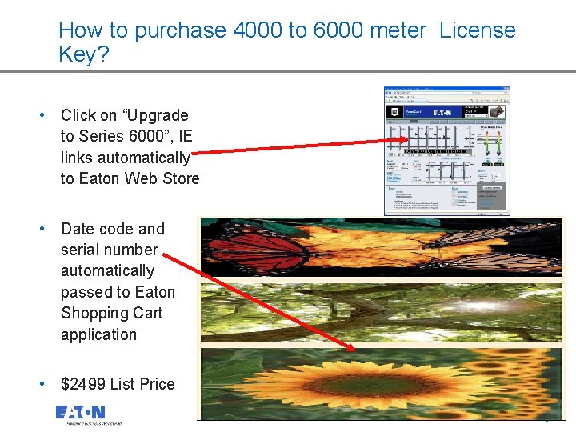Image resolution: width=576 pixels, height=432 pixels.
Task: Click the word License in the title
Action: tap(478, 31)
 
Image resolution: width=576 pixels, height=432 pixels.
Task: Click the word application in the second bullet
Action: tap(98, 334)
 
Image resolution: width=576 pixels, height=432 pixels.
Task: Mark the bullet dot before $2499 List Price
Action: tap(43, 384)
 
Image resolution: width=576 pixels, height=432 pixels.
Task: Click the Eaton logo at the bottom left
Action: tap(80, 413)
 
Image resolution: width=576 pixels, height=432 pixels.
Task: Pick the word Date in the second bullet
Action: tap(77, 229)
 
